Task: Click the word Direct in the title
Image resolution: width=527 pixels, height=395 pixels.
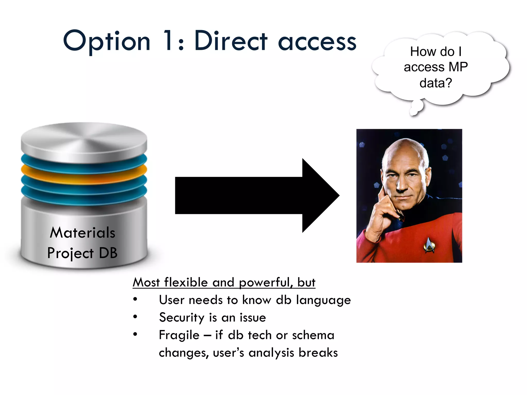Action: [x=231, y=41]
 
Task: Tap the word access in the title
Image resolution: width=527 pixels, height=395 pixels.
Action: [x=317, y=42]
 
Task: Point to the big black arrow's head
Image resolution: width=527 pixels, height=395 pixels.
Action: [x=320, y=195]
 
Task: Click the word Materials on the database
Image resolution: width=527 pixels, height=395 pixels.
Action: [x=82, y=233]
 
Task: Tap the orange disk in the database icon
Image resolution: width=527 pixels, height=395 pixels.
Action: [x=84, y=175]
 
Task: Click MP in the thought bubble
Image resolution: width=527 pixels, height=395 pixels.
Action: [x=458, y=67]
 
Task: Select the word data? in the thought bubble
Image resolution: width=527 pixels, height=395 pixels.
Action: [x=436, y=83]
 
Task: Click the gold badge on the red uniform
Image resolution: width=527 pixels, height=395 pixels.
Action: [x=428, y=245]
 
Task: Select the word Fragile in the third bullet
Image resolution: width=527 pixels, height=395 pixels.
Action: [x=179, y=335]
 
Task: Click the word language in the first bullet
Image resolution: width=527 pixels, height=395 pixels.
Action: [x=323, y=300]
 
